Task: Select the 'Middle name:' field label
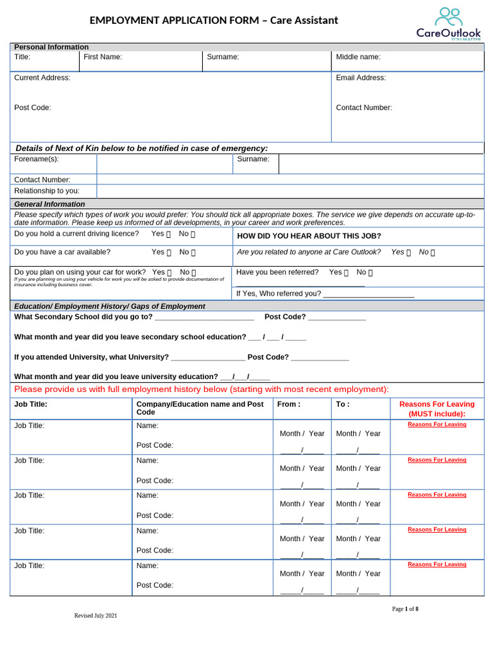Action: (x=358, y=57)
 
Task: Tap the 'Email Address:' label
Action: (x=361, y=78)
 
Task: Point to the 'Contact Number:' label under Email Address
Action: (x=363, y=108)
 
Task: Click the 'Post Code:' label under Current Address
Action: (x=33, y=108)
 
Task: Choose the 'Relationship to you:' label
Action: (x=47, y=191)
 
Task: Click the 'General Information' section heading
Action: (x=49, y=204)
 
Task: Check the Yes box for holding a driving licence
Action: (x=169, y=234)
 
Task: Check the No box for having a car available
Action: (x=193, y=253)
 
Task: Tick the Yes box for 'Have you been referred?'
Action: (x=347, y=272)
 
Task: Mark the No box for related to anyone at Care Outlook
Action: (x=432, y=253)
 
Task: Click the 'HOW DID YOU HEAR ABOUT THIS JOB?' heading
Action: (x=309, y=236)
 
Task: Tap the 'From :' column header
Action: (x=289, y=405)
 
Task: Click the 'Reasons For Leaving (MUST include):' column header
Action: (x=437, y=409)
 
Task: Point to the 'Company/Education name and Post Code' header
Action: (x=200, y=408)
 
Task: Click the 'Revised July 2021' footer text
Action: (x=96, y=616)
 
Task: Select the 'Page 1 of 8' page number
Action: (x=405, y=609)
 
